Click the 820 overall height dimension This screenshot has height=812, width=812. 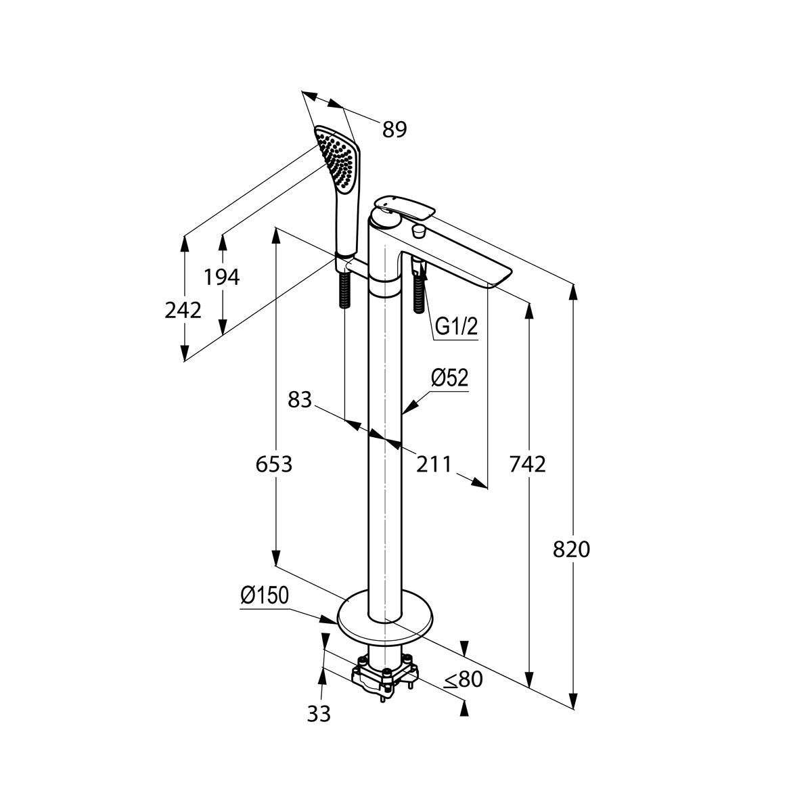[571, 549]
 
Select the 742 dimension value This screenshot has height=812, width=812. [528, 465]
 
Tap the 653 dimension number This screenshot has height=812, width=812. [274, 465]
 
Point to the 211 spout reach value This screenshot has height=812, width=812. [434, 465]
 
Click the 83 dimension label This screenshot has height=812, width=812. [300, 400]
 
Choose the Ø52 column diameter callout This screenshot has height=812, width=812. [449, 378]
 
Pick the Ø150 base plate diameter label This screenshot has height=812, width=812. [265, 595]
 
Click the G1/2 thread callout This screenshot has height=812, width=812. [456, 327]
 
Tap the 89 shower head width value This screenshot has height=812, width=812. [394, 129]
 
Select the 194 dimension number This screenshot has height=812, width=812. [222, 277]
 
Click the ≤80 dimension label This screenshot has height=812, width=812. [464, 679]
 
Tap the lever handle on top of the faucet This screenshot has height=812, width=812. [404, 207]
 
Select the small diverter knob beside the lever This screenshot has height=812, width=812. [418, 231]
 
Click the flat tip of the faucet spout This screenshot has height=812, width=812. [499, 279]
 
